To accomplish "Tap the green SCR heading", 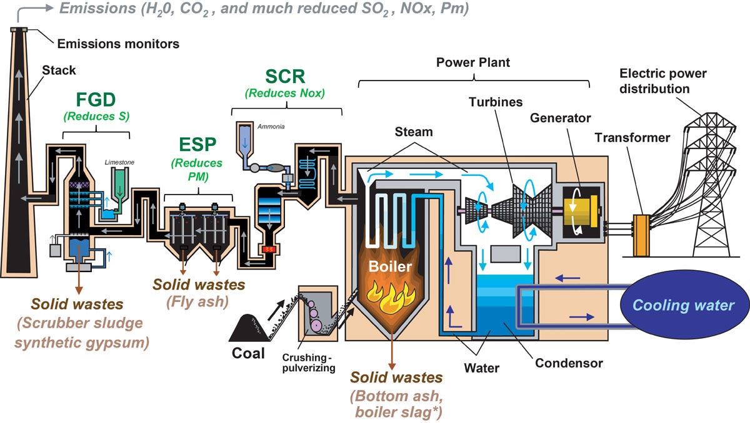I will [286, 76].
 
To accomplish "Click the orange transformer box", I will [642, 235].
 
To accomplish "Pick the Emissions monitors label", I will [118, 44].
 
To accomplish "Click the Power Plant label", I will [473, 62].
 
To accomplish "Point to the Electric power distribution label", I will [662, 81].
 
